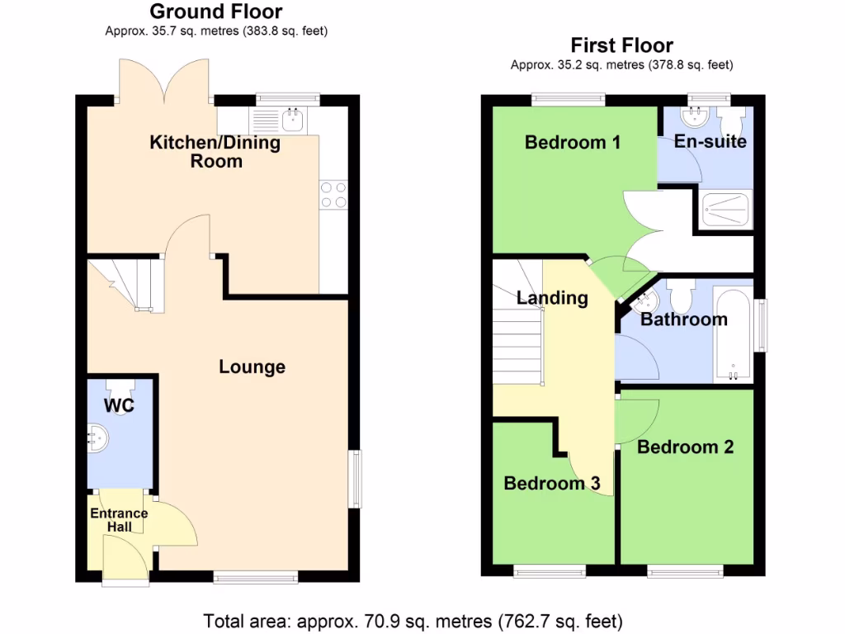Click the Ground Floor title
216,12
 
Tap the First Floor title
622,45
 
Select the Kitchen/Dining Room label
215,151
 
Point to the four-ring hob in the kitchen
333,194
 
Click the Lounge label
252,367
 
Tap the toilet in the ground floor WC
120,396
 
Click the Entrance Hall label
119,519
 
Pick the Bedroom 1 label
572,142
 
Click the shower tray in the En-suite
725,210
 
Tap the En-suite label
710,141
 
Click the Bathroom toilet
681,295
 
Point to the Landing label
552,298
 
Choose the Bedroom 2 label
685,447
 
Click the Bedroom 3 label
551,483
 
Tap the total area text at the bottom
413,619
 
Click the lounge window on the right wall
355,478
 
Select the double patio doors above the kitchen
165,83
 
